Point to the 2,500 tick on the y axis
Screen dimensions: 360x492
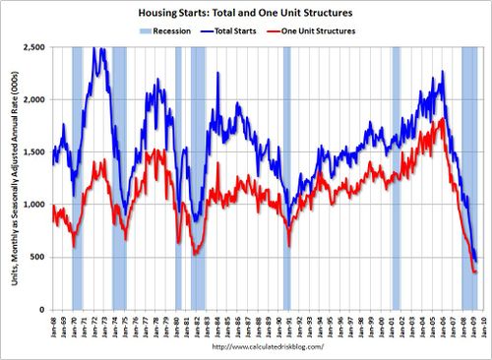point(36,47)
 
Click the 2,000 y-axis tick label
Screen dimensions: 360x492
point(36,99)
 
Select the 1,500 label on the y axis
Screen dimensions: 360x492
point(36,151)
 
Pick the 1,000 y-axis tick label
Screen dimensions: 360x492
point(36,204)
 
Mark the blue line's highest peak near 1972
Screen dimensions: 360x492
point(100,48)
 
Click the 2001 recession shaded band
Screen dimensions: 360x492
point(396,177)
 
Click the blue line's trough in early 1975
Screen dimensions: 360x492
point(125,209)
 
